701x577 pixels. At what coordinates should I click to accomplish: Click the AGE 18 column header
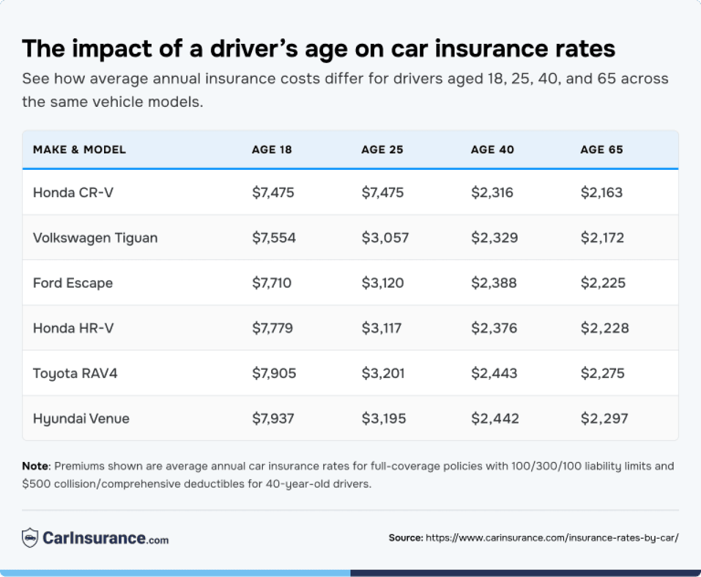tap(272, 150)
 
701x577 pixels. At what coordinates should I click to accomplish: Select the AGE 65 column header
tap(601, 150)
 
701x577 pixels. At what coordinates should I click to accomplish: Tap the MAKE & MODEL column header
tap(79, 150)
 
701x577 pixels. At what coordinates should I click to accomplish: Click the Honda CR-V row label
tap(73, 192)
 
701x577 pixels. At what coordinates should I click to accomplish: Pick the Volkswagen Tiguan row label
tap(95, 238)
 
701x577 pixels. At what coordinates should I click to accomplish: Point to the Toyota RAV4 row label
tap(75, 373)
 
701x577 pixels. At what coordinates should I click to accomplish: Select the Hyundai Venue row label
tap(81, 419)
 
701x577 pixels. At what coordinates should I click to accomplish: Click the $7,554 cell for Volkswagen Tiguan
tap(274, 238)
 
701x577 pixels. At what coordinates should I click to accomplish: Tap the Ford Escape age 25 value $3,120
tap(382, 283)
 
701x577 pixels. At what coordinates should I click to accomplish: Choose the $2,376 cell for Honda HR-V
tap(494, 328)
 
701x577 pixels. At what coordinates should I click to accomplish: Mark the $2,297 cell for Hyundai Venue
tap(604, 419)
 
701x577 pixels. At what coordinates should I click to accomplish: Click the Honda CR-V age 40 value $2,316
tap(492, 192)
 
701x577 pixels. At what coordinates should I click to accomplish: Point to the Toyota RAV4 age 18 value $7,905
tap(274, 373)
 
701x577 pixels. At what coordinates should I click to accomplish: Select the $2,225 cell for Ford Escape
tap(603, 283)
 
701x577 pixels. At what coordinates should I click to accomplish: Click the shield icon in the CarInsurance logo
tap(30, 538)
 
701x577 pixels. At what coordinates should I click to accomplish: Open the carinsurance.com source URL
tap(552, 538)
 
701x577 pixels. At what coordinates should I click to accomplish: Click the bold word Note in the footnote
tap(35, 466)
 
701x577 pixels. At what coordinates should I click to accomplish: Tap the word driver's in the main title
tap(254, 49)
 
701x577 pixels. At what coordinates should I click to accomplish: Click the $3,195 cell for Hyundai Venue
tap(383, 419)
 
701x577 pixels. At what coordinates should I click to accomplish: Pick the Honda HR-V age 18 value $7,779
tap(272, 328)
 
